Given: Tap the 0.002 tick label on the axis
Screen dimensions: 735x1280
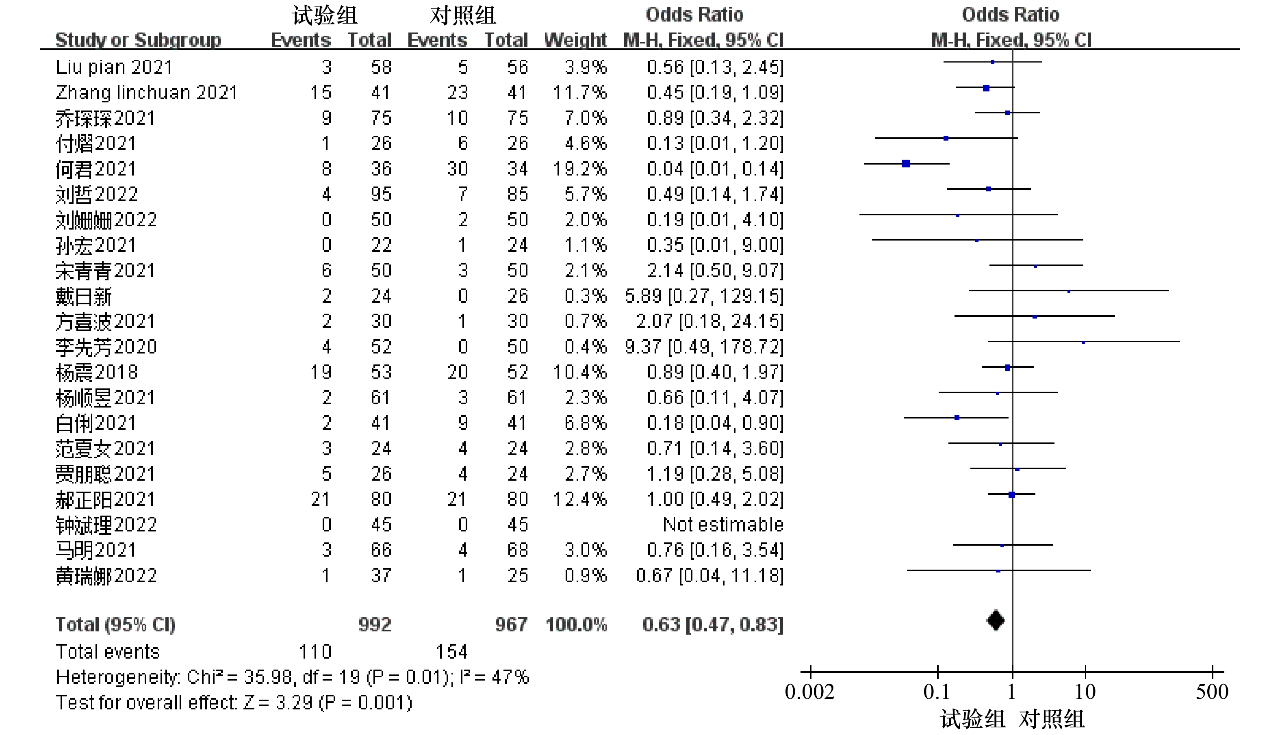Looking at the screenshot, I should click(x=809, y=692).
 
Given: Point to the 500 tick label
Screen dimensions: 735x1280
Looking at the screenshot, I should click(x=1212, y=692).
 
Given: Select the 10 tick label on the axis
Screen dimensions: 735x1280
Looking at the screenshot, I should click(x=1085, y=692).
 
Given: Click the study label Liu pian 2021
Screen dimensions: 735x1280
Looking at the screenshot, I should click(x=114, y=67).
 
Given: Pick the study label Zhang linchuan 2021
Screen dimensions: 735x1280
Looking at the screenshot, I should click(x=146, y=92).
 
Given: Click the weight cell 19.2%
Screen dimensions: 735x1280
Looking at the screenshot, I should click(x=579, y=169).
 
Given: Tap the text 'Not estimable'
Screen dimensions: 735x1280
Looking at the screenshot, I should click(x=723, y=525).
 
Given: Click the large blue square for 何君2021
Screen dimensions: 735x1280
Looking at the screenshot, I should click(x=906, y=164).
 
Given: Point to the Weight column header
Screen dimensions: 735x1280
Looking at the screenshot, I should click(x=575, y=40).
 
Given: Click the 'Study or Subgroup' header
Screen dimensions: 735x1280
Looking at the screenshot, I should click(x=138, y=40).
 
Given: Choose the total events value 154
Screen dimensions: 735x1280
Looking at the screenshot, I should click(x=452, y=652).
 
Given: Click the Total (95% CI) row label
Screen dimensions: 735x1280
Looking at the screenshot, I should click(x=115, y=625).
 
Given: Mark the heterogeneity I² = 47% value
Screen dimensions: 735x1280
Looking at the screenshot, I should click(x=495, y=677).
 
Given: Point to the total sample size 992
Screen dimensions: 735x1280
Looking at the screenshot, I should click(x=375, y=625).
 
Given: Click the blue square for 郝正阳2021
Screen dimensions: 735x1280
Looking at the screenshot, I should click(x=1011, y=495).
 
